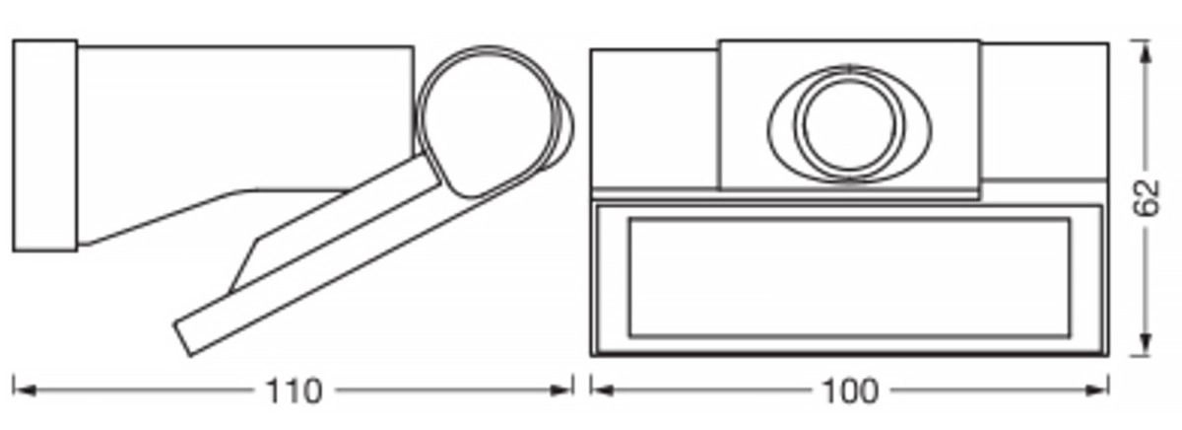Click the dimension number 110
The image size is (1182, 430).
[294, 391]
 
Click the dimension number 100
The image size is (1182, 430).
[849, 391]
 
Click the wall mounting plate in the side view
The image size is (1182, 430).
[44, 145]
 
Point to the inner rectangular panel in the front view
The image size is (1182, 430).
[848, 278]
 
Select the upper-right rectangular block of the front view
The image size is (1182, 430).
[1044, 111]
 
